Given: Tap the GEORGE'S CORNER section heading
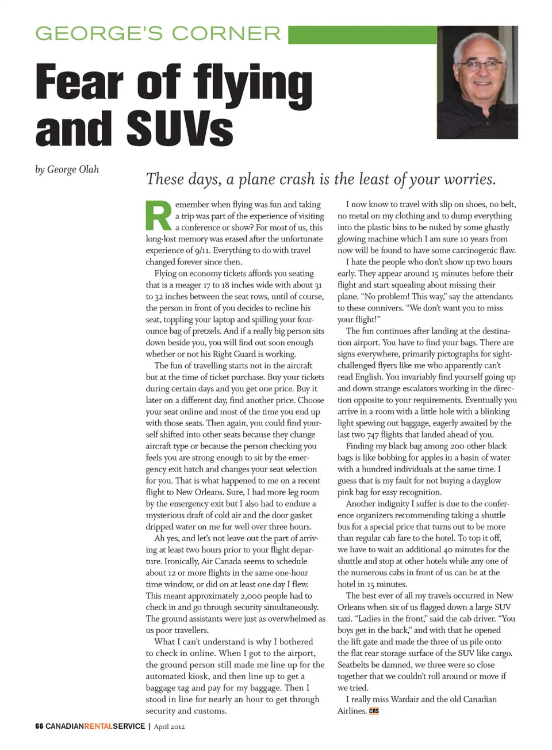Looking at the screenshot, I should point(158,33).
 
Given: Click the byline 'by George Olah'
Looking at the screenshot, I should point(67,170).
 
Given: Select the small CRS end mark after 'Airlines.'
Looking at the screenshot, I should point(374,711).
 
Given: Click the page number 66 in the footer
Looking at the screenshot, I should point(39,726).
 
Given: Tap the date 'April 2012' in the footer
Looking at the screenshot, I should point(169,726).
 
